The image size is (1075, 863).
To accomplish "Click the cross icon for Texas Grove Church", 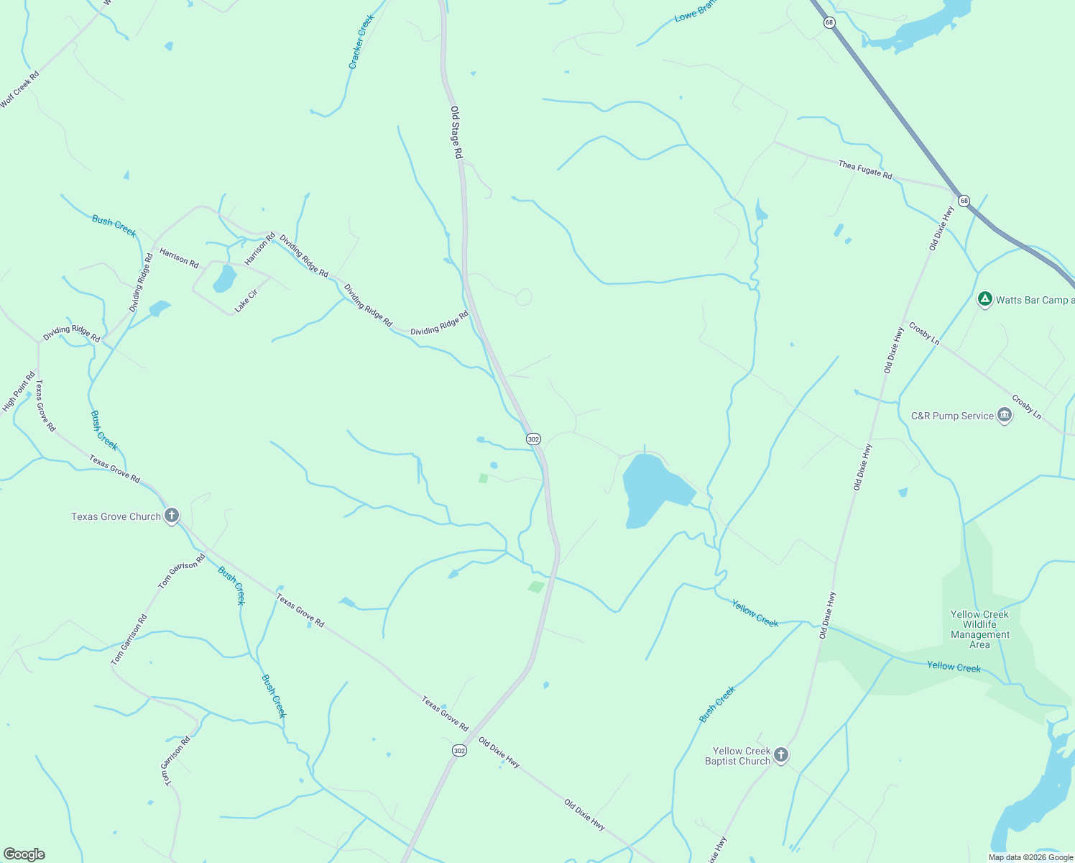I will pyautogui.click(x=171, y=516).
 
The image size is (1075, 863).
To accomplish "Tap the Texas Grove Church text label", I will pyautogui.click(x=116, y=516).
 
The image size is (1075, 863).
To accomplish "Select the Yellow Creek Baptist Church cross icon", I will pyautogui.click(x=781, y=755).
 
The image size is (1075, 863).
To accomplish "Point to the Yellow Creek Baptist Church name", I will pyautogui.click(x=737, y=756).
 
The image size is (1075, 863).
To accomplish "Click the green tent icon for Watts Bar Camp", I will pyautogui.click(x=985, y=299).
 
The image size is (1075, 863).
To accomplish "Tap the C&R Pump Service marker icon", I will pyautogui.click(x=1005, y=416).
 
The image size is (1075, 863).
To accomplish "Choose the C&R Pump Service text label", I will pyautogui.click(x=952, y=416).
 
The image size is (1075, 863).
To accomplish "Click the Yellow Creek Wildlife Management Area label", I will pyautogui.click(x=979, y=629).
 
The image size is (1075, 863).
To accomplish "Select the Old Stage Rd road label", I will pyautogui.click(x=456, y=132).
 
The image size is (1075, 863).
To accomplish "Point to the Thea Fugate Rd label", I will pyautogui.click(x=864, y=170).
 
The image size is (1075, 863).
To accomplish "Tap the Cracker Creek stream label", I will pyautogui.click(x=361, y=42).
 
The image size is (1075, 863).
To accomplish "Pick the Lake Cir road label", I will pyautogui.click(x=246, y=301).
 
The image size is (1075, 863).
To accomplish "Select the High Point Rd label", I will pyautogui.click(x=19, y=391).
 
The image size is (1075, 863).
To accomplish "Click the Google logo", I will pyautogui.click(x=24, y=854).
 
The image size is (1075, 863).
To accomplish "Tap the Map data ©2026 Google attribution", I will pyautogui.click(x=1030, y=857).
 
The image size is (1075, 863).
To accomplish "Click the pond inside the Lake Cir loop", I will pyautogui.click(x=224, y=278).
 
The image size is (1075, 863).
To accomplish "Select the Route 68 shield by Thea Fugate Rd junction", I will pyautogui.click(x=964, y=201).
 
